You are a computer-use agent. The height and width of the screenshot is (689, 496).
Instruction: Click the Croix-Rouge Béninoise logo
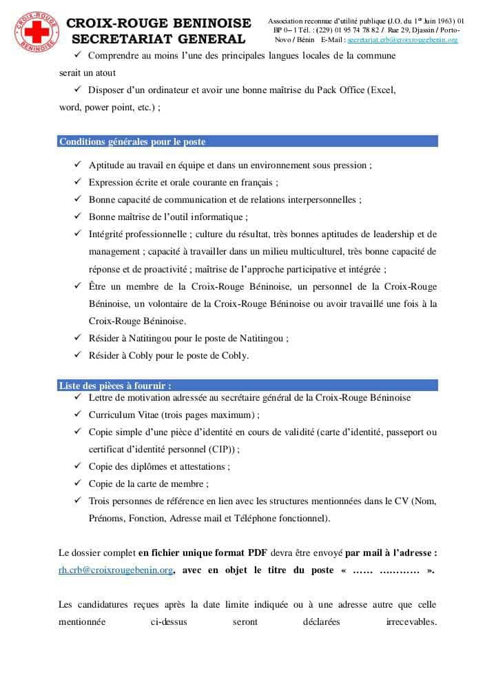(x=32, y=31)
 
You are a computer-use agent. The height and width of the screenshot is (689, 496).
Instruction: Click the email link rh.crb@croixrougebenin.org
(x=116, y=570)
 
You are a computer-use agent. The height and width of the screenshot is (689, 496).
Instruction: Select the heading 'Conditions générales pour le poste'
(x=132, y=142)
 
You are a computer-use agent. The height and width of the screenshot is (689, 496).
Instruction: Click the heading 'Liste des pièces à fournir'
(x=115, y=386)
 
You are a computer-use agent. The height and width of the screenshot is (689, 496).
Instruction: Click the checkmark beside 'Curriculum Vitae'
(x=77, y=415)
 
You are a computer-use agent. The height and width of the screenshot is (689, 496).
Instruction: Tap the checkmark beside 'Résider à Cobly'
(x=77, y=356)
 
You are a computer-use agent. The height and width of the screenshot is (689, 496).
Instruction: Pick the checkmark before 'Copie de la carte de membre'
(x=77, y=483)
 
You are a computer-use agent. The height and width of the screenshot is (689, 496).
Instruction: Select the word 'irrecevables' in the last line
(x=411, y=622)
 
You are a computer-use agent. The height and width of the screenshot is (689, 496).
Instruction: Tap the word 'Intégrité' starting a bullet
(x=107, y=234)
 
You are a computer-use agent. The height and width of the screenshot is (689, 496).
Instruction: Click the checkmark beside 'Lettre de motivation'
(x=77, y=397)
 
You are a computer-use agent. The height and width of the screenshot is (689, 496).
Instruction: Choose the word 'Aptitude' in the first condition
(x=107, y=165)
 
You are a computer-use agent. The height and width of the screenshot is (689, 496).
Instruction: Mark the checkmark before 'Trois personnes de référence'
(x=77, y=501)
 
